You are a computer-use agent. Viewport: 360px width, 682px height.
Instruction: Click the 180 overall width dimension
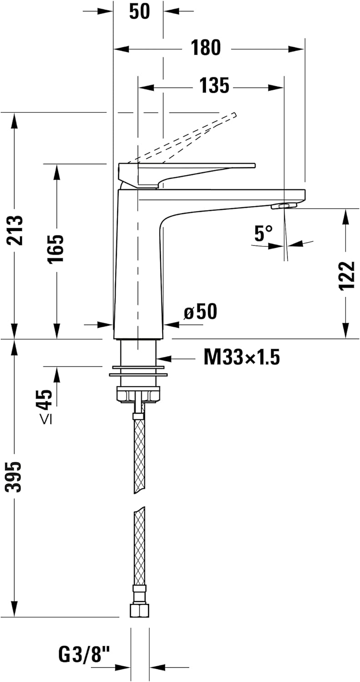click(206, 48)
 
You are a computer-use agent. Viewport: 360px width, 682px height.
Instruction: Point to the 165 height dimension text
click(56, 249)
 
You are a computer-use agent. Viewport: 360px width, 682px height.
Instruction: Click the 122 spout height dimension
click(346, 276)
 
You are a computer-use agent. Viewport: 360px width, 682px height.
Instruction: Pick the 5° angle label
click(263, 233)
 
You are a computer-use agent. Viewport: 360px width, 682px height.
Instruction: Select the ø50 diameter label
click(200, 312)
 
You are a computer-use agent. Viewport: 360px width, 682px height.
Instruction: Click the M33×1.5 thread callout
click(241, 358)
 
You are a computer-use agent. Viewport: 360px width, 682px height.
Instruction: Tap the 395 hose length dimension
click(15, 476)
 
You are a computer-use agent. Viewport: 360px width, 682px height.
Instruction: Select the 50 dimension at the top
click(139, 11)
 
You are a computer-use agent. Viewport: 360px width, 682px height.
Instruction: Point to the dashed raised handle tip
click(233, 115)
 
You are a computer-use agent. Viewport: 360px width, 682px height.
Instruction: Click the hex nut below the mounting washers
click(138, 394)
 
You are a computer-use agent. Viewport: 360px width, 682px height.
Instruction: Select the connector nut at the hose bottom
click(139, 610)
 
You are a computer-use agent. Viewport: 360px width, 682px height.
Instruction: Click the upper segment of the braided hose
click(139, 455)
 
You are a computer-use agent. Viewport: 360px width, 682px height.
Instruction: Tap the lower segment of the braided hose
click(139, 546)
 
